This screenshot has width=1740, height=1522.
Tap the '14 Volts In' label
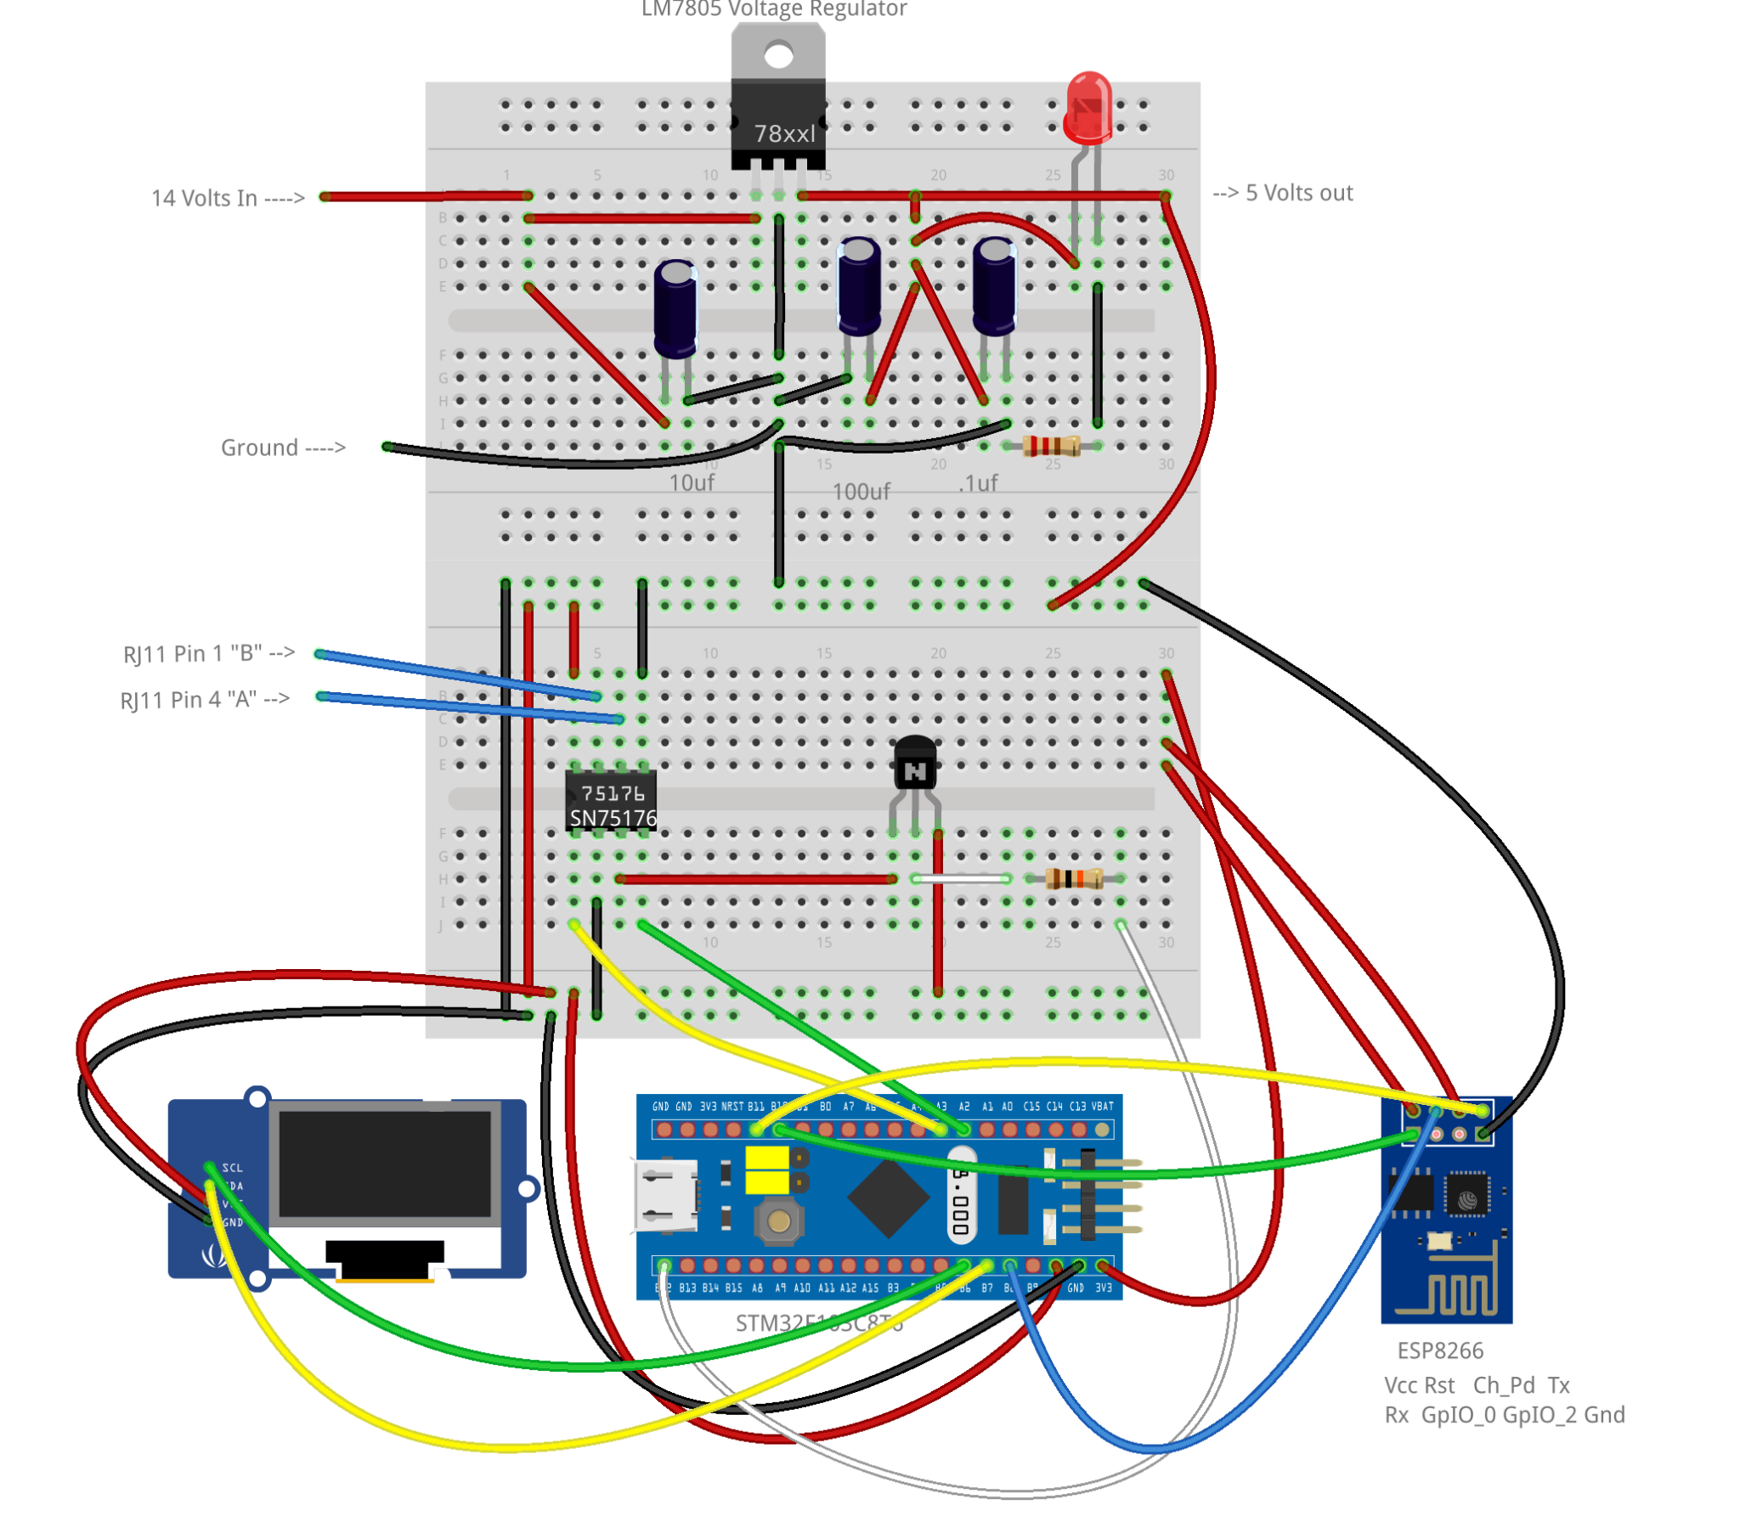tap(227, 198)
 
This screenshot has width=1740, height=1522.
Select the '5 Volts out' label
tap(1283, 193)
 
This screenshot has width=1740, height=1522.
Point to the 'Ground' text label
tap(282, 448)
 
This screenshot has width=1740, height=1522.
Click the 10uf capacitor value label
tap(691, 482)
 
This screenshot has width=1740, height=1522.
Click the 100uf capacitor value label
tap(860, 491)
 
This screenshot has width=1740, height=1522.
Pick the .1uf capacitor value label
tap(977, 483)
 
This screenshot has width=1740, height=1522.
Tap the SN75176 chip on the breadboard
tap(611, 803)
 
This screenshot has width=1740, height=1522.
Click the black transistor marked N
tap(914, 764)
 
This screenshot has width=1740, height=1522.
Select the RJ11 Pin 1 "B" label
tap(208, 653)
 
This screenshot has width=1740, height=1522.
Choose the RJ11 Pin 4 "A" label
tap(205, 700)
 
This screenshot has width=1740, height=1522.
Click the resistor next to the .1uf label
tap(1051, 445)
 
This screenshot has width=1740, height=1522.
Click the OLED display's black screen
tap(384, 1164)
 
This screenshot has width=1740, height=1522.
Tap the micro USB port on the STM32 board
tap(665, 1196)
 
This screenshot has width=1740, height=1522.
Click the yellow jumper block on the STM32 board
tap(766, 1170)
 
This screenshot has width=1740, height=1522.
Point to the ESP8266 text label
tap(1439, 1350)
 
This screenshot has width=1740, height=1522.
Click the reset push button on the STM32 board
tap(778, 1221)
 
